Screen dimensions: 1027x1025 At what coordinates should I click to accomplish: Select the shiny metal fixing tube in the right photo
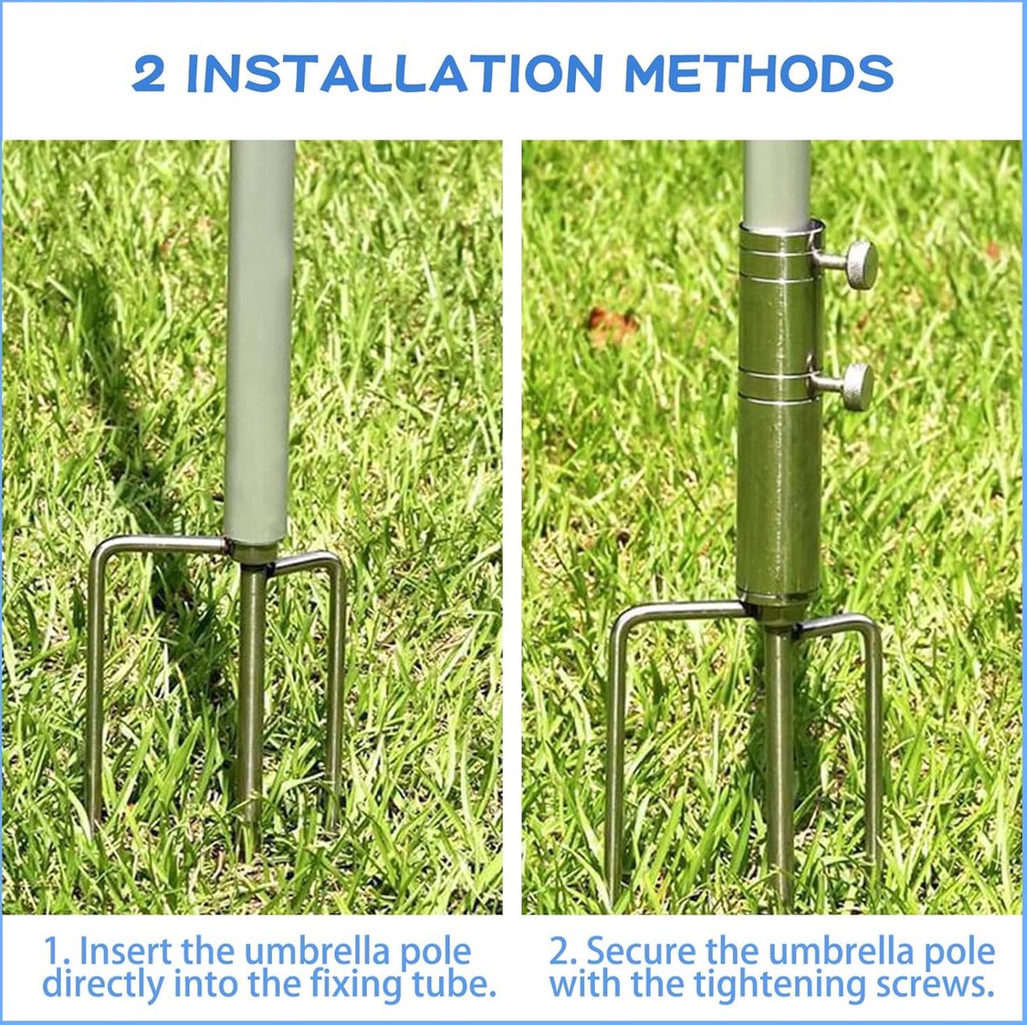780,416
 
